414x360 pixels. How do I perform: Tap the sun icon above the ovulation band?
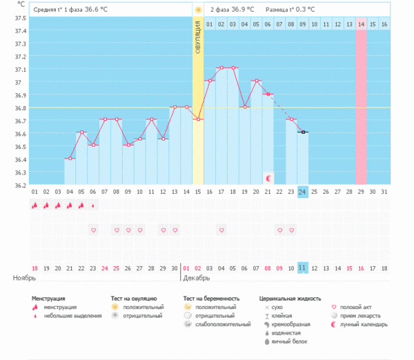coord(198,10)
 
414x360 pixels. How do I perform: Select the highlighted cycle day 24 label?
coord(303,192)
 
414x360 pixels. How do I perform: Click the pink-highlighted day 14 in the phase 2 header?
coord(361,25)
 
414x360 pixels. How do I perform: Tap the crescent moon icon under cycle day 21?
coord(268,179)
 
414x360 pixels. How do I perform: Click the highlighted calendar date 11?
coord(303,268)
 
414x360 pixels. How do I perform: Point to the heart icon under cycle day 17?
coord(221,230)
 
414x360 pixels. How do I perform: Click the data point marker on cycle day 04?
coord(70,159)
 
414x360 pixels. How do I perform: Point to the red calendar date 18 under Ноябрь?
coord(34,268)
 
